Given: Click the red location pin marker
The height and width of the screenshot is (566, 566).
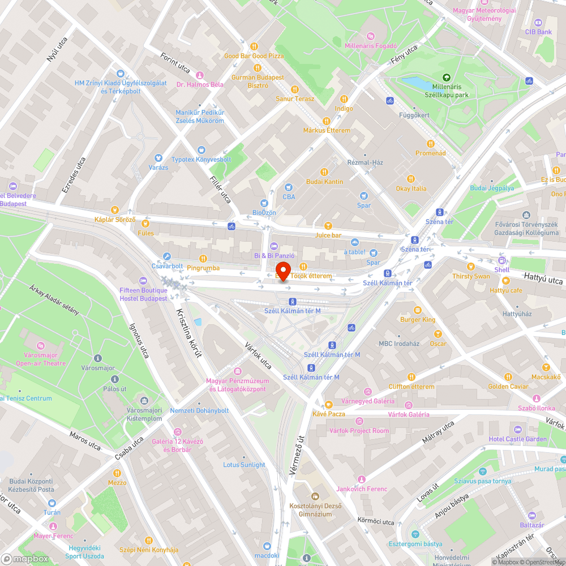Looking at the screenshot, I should (284, 271).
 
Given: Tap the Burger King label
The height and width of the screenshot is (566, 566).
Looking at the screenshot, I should (418, 320).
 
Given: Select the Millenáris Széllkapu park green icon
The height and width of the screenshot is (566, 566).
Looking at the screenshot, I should (447, 78).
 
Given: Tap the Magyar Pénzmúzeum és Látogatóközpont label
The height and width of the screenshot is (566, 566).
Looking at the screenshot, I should (238, 385).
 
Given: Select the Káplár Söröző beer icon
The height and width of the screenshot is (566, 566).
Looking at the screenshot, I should (115, 210).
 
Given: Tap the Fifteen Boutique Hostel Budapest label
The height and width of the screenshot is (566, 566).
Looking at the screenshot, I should (143, 294).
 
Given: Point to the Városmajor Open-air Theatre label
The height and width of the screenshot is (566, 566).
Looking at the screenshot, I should (41, 359).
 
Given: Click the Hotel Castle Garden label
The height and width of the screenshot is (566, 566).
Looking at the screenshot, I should (518, 439).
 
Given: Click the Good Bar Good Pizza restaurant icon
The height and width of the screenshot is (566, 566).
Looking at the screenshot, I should (254, 46).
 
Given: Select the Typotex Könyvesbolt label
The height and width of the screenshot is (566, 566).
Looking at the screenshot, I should (201, 160).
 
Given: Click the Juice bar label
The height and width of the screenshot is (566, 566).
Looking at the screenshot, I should (328, 235).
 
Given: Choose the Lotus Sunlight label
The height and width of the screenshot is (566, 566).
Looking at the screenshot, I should (244, 465).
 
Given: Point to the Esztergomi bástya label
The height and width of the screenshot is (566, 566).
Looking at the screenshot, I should (415, 544).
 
